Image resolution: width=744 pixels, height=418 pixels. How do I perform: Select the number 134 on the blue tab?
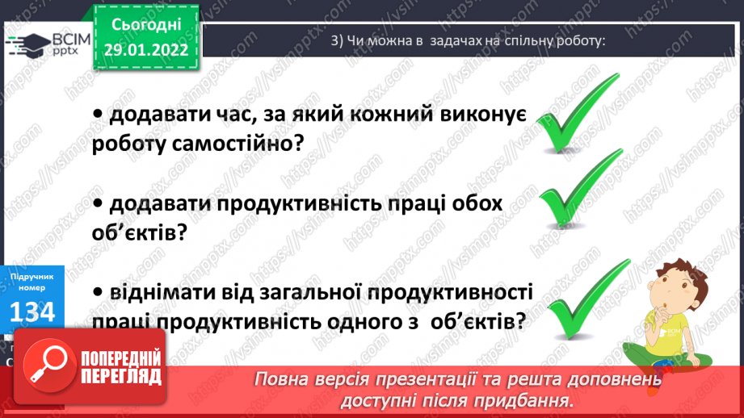click(x=32, y=311)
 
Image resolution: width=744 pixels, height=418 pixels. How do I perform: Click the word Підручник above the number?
click(x=32, y=277)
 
